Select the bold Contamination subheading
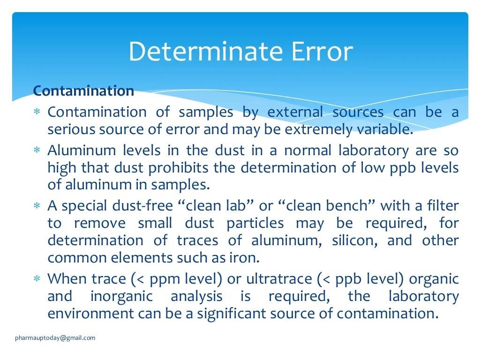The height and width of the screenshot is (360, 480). pos(83,90)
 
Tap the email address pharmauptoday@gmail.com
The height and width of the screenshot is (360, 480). pos(55,337)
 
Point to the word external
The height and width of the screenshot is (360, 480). pos(295,112)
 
